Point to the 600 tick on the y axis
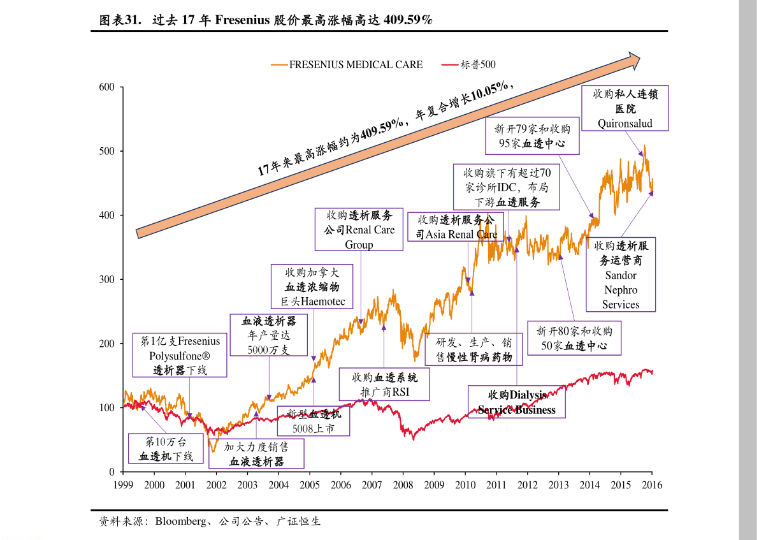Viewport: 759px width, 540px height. [106, 87]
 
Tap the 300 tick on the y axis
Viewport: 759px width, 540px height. [106, 279]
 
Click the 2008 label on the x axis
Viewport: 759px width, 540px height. [403, 485]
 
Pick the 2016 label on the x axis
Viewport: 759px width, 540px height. [651, 485]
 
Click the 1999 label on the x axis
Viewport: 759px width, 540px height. [123, 485]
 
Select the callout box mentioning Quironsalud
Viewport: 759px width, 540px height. [625, 108]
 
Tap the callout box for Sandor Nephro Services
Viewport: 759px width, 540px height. [620, 275]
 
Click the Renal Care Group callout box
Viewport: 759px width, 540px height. [360, 230]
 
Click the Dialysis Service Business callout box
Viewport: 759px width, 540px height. [517, 402]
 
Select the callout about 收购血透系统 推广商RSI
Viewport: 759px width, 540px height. [384, 384]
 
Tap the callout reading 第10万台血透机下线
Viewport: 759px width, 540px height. [165, 449]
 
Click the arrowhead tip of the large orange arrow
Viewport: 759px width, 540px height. [639, 60]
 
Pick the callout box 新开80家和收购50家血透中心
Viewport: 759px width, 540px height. [574, 339]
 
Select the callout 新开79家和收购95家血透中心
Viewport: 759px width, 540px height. [532, 136]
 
